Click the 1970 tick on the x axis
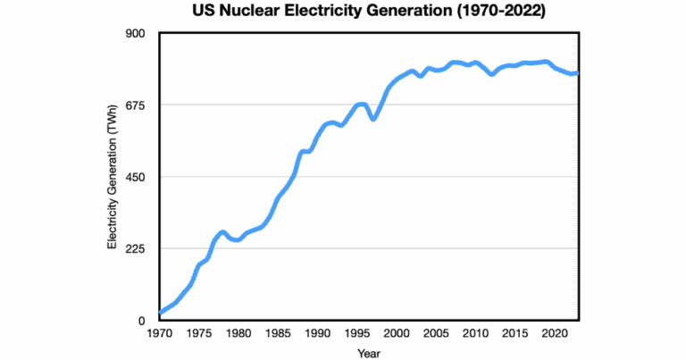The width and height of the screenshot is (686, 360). click(159, 334)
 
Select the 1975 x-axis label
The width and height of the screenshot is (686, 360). click(198, 334)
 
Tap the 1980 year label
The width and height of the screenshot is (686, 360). click(238, 334)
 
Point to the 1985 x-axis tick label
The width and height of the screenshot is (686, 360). click(277, 334)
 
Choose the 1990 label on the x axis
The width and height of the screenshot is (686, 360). click(317, 334)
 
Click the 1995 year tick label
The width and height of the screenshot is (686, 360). click(356, 334)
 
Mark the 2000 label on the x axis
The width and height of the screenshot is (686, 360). click(396, 334)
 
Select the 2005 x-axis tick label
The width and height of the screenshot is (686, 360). click(435, 334)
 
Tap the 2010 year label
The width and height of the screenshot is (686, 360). click(475, 334)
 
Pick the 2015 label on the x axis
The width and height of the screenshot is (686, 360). click(514, 334)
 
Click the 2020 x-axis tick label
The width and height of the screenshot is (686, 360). click(554, 334)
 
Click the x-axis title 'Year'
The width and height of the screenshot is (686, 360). click(369, 353)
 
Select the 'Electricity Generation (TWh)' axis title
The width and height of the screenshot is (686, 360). click(113, 177)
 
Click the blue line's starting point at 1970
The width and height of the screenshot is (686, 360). click(160, 313)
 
